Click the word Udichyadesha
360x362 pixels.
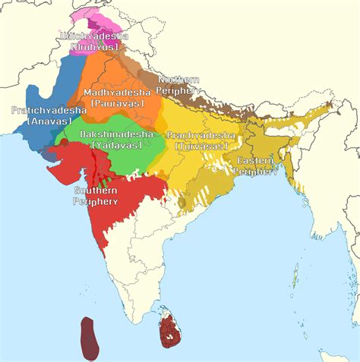96,36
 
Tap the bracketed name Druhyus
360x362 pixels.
96,47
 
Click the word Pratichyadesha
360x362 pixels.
43,110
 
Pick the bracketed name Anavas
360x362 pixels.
43,120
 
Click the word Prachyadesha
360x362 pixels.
201,134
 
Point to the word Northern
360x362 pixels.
178,80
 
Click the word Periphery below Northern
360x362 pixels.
178,90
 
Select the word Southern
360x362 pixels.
96,190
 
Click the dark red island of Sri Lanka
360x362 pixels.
170,334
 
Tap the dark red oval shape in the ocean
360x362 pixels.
92,338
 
